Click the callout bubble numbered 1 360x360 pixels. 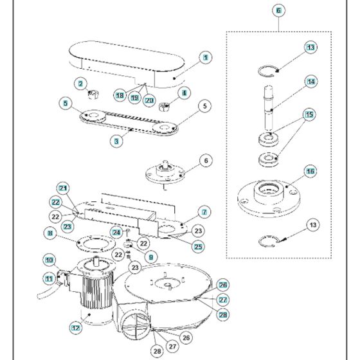[x=205, y=57]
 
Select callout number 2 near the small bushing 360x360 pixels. [x=80, y=83]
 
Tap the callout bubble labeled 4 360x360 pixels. [x=184, y=93]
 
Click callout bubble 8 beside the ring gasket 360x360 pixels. [x=50, y=234]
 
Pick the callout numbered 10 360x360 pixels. [x=49, y=260]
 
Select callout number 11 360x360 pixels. [x=49, y=278]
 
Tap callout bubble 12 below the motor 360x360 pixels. [x=76, y=327]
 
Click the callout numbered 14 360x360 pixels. [x=310, y=82]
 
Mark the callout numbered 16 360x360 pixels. [x=310, y=172]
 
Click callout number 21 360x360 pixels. [x=63, y=188]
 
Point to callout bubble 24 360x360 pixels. [x=116, y=232]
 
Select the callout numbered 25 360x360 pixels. [x=197, y=246]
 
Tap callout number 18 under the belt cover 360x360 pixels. [x=120, y=95]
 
